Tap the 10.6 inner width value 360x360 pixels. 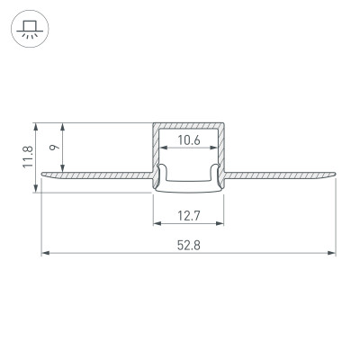pos(188,139)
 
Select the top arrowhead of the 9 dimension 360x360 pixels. pos(63,126)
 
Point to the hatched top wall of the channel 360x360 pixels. pos(188,125)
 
